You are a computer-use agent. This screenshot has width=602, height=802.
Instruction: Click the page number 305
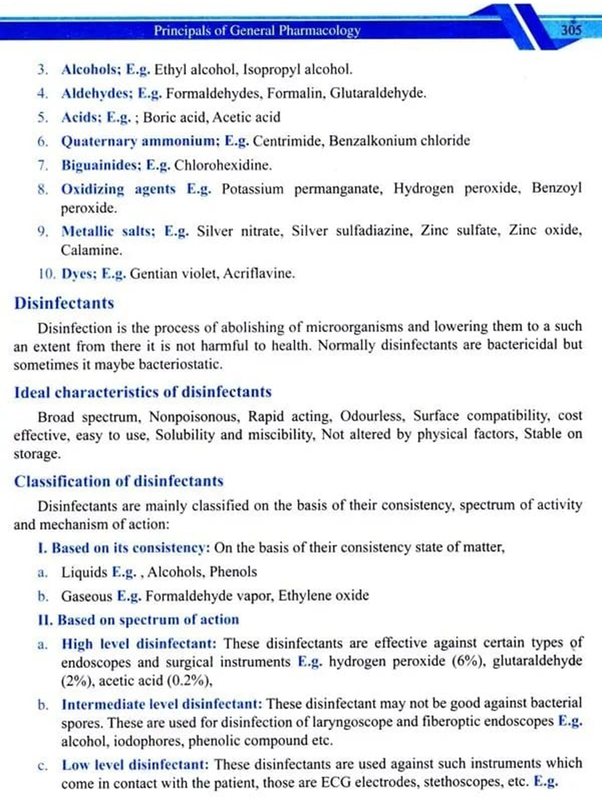[x=571, y=30]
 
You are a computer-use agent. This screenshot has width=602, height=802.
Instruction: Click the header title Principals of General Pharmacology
[x=257, y=30]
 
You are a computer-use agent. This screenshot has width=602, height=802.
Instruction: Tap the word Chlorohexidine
[x=223, y=165]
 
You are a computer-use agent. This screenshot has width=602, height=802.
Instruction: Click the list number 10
[x=47, y=274]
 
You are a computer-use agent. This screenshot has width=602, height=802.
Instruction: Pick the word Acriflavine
[x=259, y=273]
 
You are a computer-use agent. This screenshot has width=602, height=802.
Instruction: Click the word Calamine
[x=92, y=250]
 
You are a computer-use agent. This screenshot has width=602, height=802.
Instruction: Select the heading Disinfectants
[x=64, y=303]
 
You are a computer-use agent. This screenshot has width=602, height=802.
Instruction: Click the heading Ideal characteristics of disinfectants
[x=143, y=392]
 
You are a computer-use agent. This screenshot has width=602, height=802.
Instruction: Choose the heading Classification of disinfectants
[x=119, y=481]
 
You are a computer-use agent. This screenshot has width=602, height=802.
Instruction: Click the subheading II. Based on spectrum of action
[x=138, y=620]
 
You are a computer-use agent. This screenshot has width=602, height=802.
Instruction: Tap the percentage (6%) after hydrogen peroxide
[x=468, y=661]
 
